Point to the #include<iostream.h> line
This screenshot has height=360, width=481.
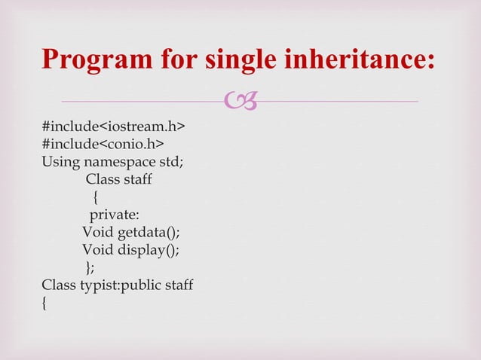coord(114,127)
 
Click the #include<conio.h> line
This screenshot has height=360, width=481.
coord(104,144)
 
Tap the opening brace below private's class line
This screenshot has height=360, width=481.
coord(95,197)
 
